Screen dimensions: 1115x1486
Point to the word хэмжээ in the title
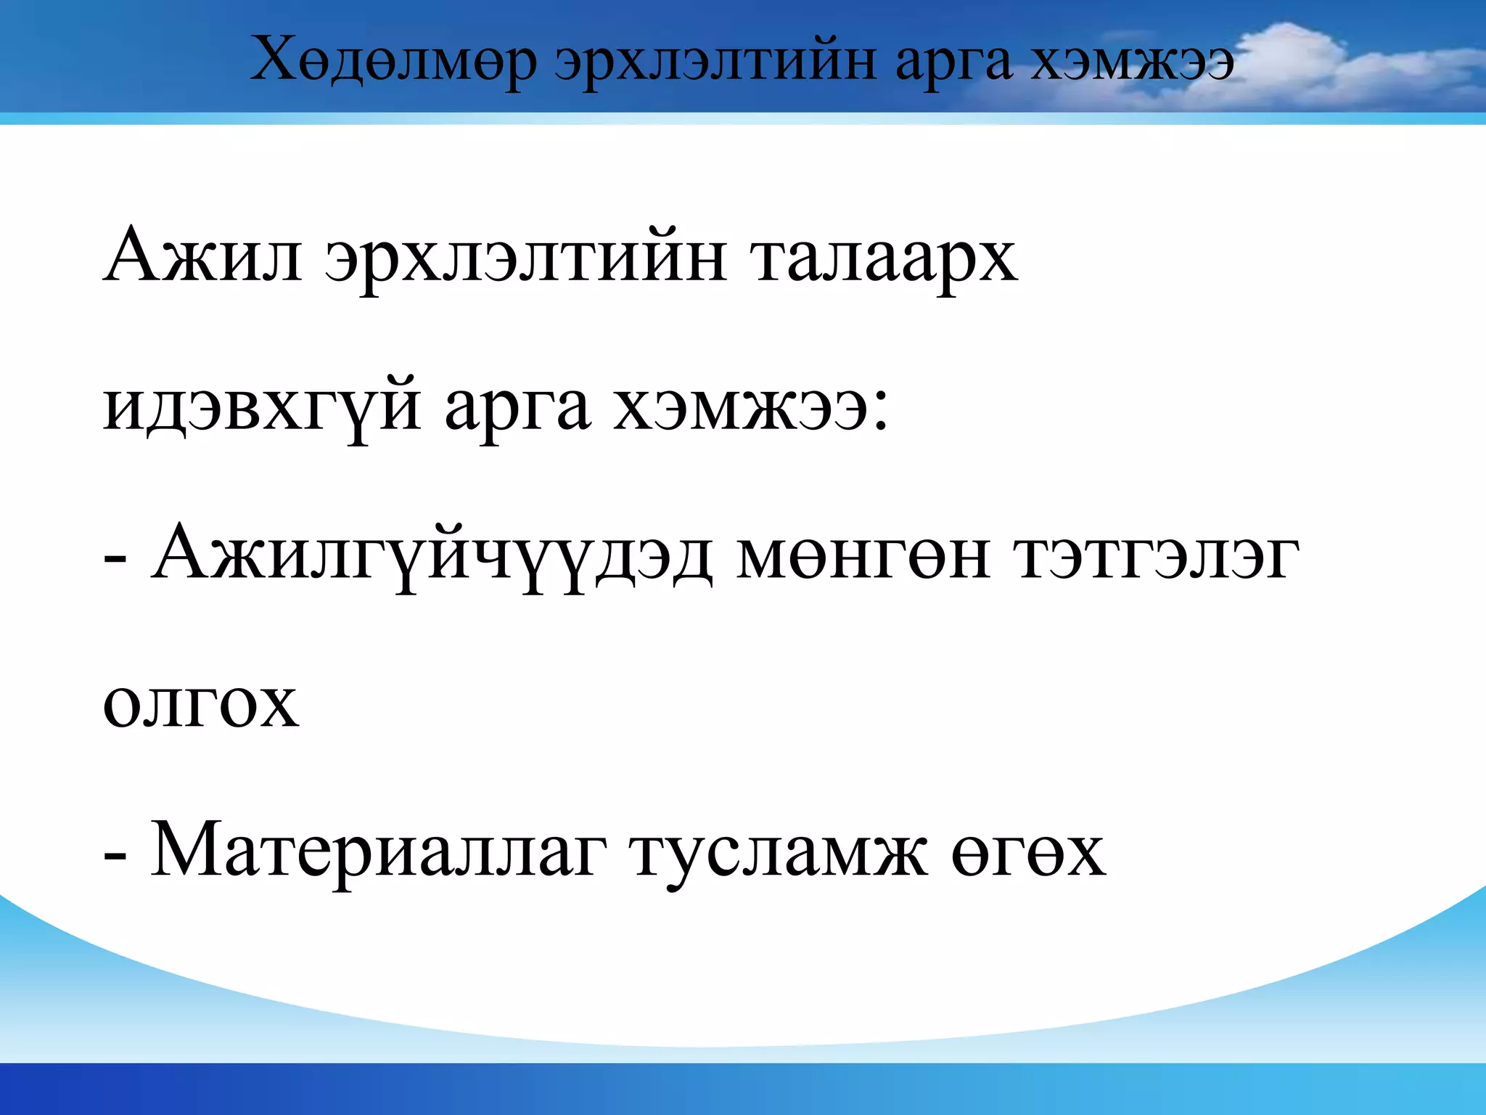1133,62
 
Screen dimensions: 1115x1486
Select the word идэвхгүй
262,407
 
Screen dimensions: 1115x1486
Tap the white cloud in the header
1306,65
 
